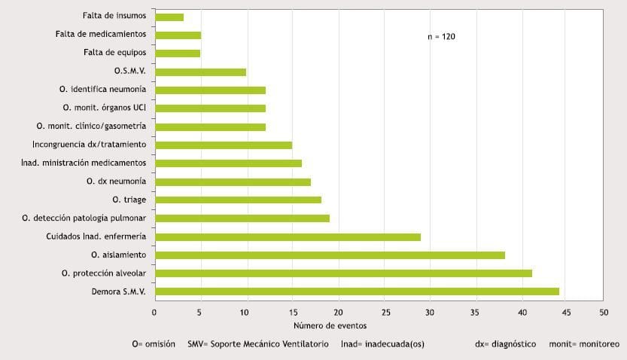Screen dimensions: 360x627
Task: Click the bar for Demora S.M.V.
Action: pyautogui.click(x=357, y=291)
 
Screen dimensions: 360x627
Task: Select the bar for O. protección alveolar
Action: pyautogui.click(x=343, y=273)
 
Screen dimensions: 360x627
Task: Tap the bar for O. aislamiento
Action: pyautogui.click(x=330, y=255)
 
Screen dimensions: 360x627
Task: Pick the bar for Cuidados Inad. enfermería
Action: pyautogui.click(x=288, y=237)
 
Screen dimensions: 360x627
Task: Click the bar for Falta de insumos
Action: pyautogui.click(x=169, y=17)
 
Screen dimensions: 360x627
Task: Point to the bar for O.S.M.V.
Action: pyautogui.click(x=200, y=72)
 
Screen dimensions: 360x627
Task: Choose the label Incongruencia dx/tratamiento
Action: pyautogui.click(x=90, y=145)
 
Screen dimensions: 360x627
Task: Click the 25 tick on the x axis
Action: pyautogui.click(x=384, y=311)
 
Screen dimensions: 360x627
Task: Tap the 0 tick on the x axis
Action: pyautogui.click(x=154, y=311)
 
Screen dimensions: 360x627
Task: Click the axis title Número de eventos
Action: pyautogui.click(x=330, y=325)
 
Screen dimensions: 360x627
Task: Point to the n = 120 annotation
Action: pyautogui.click(x=441, y=36)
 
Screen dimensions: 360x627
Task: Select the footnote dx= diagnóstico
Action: pyautogui.click(x=506, y=344)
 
